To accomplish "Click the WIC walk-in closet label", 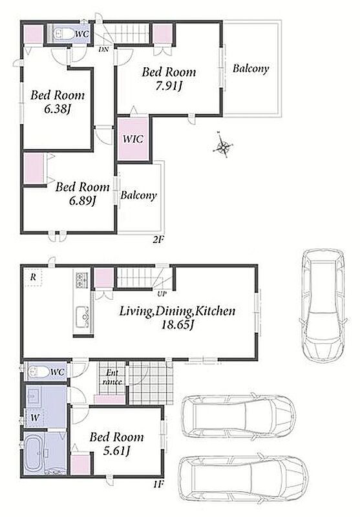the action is [133, 138].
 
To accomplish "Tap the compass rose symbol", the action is [223, 147].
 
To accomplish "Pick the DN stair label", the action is [103, 50].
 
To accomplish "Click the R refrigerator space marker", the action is [33, 277].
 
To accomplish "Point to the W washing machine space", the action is [35, 417].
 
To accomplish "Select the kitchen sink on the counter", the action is [82, 317].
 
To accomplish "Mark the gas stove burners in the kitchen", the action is [81, 280].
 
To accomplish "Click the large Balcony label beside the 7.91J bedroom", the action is [251, 69].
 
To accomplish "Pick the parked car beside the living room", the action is [323, 306].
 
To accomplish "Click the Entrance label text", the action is [112, 377].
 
